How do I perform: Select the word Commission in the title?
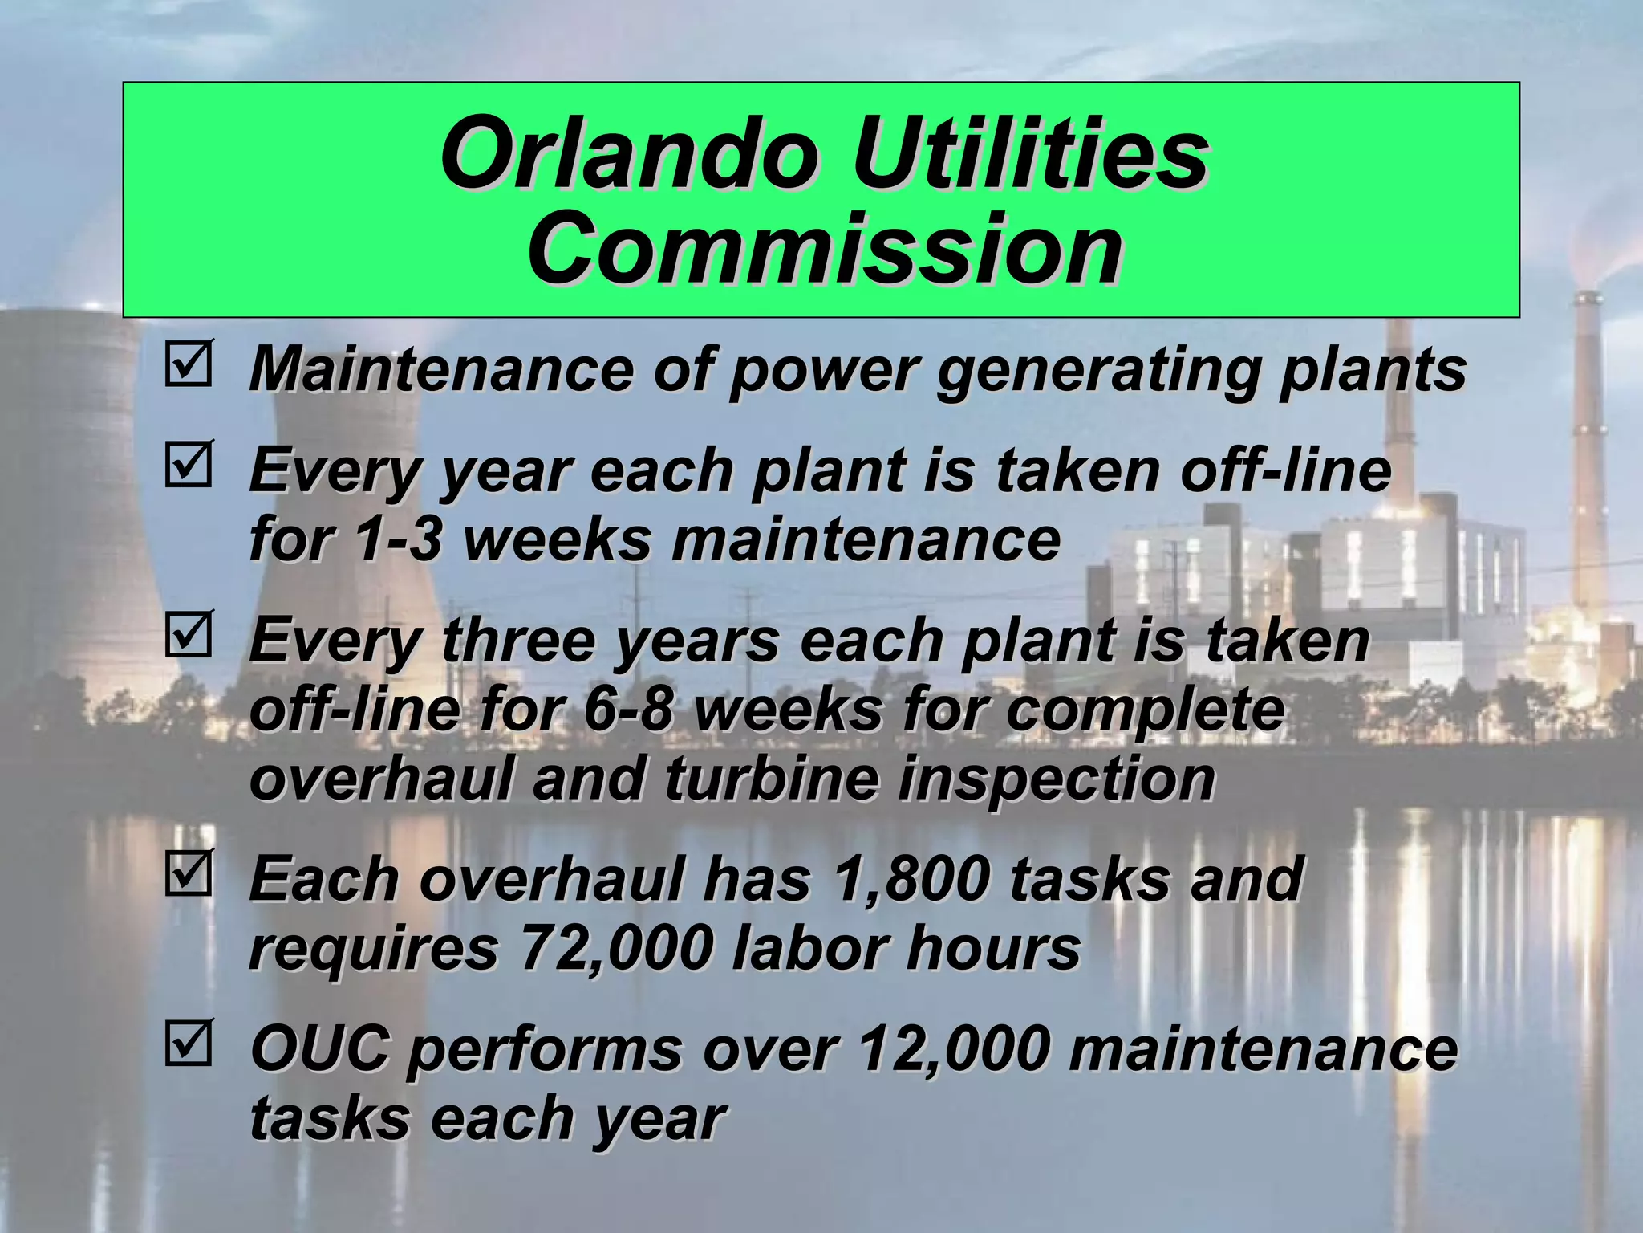pyautogui.click(x=824, y=248)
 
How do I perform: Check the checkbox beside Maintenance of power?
pyautogui.click(x=189, y=364)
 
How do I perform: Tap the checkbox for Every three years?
pyautogui.click(x=189, y=634)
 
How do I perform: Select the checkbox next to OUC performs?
pyautogui.click(x=189, y=1043)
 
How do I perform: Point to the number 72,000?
pyautogui.click(x=617, y=948)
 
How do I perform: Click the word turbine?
pyautogui.click(x=770, y=779)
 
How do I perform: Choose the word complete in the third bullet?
pyautogui.click(x=1145, y=710)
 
